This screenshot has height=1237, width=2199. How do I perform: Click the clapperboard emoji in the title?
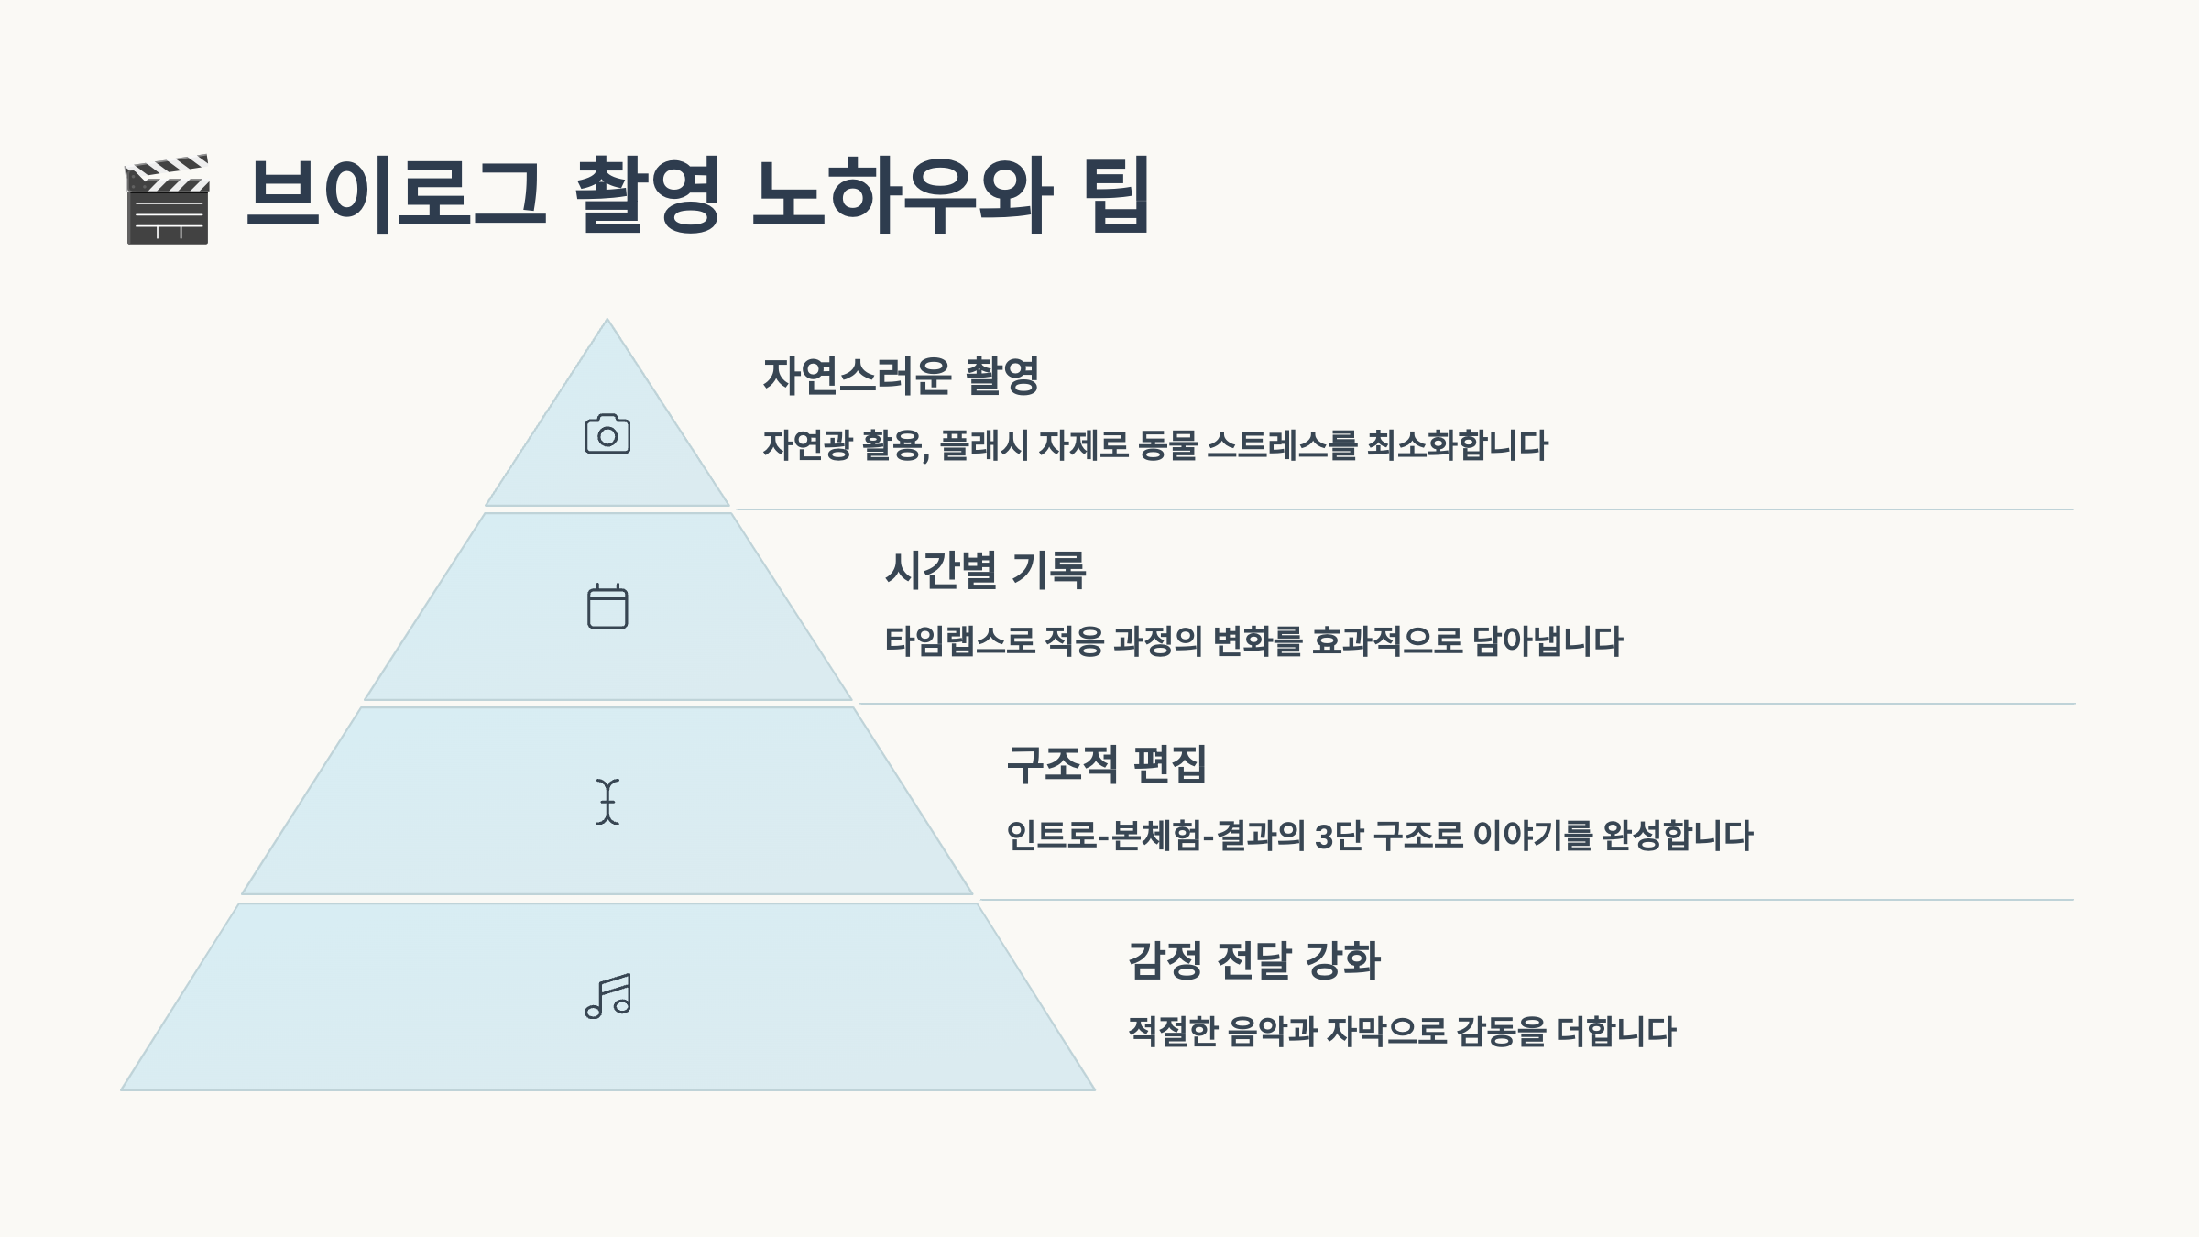tap(168, 199)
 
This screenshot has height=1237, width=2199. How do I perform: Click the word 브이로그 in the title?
tap(396, 194)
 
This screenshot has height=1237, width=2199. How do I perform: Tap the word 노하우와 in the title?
tap(902, 194)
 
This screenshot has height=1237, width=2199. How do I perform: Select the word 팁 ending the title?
tap(1116, 194)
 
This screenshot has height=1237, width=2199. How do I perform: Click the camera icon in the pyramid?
tap(607, 434)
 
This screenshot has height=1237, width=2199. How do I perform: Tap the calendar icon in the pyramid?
tap(607, 607)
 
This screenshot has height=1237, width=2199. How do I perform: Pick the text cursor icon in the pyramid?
tap(607, 802)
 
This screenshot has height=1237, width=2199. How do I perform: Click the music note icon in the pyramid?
tap(608, 996)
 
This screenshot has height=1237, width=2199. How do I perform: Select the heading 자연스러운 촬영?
tap(901, 376)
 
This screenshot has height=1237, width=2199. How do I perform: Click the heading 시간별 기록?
tap(986, 570)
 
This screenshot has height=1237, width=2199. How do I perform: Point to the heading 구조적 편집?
tap(1106, 765)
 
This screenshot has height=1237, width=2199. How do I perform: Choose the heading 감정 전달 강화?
tap(1253, 960)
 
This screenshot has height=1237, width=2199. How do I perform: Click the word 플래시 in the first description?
tap(983, 445)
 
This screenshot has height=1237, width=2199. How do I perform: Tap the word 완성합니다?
tap(1677, 836)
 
